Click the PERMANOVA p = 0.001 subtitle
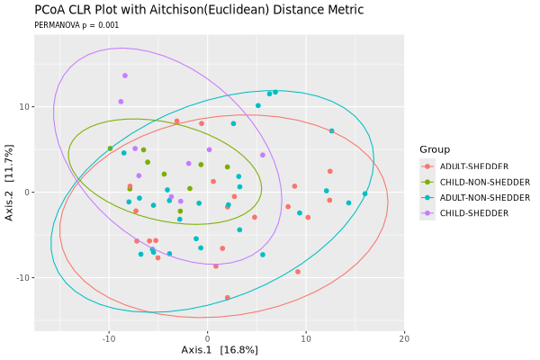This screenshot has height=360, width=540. point(76,26)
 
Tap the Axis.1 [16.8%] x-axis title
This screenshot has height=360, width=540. point(220,349)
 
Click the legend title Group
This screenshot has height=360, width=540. point(435,149)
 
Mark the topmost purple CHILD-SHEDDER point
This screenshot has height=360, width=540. point(125,76)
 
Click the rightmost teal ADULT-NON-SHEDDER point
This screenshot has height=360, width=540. point(364,193)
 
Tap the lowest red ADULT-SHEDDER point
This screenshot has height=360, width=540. point(227,297)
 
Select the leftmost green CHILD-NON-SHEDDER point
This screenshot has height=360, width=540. point(110,148)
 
